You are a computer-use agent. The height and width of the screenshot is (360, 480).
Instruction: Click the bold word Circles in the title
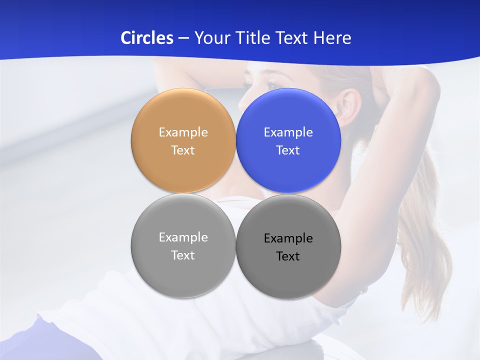pyautogui.click(x=146, y=38)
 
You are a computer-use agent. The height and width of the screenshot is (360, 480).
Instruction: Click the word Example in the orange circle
pyautogui.click(x=183, y=132)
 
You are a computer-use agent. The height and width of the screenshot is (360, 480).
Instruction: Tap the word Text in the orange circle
pyautogui.click(x=183, y=150)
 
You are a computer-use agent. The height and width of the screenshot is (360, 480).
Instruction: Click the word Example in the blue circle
pyautogui.click(x=288, y=132)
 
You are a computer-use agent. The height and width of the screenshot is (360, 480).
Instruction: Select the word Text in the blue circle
pyautogui.click(x=288, y=150)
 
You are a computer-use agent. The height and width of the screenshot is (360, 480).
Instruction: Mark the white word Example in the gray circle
pyautogui.click(x=183, y=237)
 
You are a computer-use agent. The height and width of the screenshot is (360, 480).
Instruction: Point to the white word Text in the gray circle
pyautogui.click(x=183, y=255)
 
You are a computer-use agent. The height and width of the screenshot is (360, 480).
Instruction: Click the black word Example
pyautogui.click(x=288, y=238)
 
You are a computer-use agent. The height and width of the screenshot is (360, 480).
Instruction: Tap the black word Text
pyautogui.click(x=288, y=256)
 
